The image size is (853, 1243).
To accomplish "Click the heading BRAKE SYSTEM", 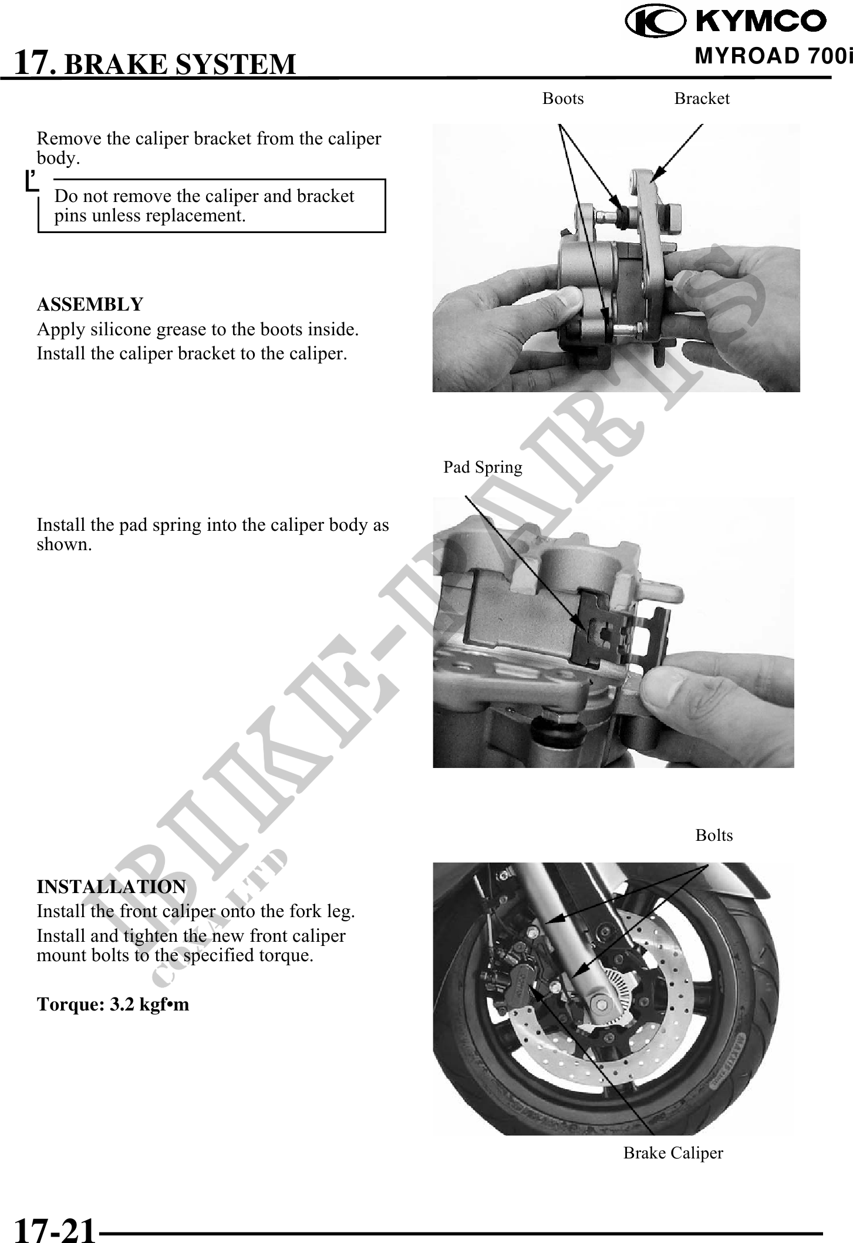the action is point(180,64).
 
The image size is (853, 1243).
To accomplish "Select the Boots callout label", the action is point(563,99).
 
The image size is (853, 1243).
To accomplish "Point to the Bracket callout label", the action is point(702,99).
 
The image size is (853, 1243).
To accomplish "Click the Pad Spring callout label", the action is point(483,467).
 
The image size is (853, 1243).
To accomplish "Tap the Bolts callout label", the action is point(714,835).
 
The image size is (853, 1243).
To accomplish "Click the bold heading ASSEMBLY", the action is point(90,305).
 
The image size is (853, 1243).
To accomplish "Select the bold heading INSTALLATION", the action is point(112,887).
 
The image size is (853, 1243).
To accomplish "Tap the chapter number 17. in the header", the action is point(36,63).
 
